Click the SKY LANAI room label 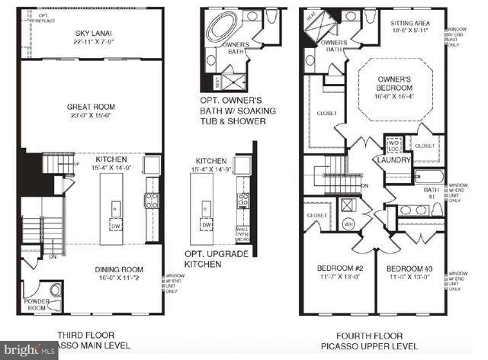[x=95, y=33]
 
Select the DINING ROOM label [x=120, y=269]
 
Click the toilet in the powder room [x=54, y=289]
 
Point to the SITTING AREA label [x=415, y=24]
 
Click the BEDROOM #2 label [x=337, y=268]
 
